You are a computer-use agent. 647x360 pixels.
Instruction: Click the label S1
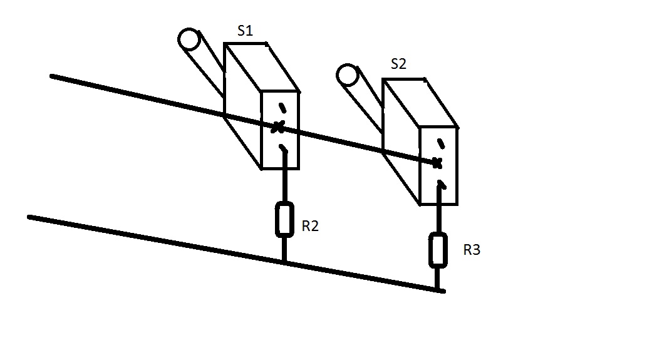(x=245, y=31)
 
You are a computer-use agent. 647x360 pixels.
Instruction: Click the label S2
(x=398, y=64)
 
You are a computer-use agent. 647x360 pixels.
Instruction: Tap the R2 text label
(x=310, y=227)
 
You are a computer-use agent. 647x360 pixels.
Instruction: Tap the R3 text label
(x=472, y=250)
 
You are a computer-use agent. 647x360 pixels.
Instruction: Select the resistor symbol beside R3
(x=438, y=249)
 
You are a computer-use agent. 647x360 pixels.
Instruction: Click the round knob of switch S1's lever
(x=187, y=39)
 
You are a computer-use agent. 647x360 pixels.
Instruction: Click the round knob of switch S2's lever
(x=346, y=75)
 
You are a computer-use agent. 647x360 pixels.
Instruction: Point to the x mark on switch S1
(x=277, y=127)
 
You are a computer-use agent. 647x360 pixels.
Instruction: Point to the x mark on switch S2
(x=437, y=163)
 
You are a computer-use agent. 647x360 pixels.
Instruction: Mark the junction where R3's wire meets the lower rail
(x=438, y=290)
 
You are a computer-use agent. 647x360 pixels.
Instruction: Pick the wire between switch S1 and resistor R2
(x=284, y=185)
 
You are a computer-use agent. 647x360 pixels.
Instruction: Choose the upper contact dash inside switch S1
(x=281, y=106)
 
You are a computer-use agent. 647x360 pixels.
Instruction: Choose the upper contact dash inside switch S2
(x=441, y=143)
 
